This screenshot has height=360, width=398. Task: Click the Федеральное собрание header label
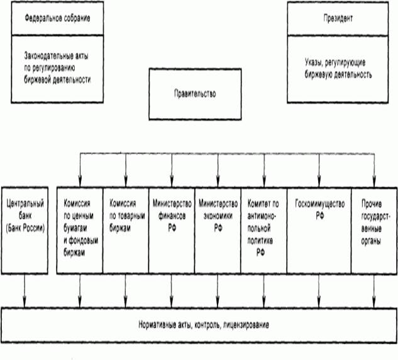57,18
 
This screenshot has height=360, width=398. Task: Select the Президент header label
338,18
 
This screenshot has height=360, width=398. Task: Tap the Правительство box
195,94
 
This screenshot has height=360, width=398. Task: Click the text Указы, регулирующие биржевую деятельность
338,68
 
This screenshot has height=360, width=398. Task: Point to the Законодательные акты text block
57,68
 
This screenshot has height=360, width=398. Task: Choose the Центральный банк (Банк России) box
25,231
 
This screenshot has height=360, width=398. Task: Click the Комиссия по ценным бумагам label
80,228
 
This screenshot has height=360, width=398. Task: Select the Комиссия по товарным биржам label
127,215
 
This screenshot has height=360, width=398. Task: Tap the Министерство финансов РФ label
172,215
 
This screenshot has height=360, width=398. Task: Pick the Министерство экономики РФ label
218,215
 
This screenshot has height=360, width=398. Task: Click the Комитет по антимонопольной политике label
263,228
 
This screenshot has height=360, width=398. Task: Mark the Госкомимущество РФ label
319,210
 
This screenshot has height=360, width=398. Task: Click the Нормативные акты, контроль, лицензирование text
204,325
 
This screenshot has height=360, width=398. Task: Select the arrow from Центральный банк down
25,291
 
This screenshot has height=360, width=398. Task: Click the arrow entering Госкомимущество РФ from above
319,170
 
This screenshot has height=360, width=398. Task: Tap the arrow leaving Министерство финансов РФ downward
172,291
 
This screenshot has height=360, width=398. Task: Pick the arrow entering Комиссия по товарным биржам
126,170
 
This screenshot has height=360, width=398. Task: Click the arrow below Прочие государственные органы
374,291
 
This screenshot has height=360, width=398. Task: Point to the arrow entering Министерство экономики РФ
218,170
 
